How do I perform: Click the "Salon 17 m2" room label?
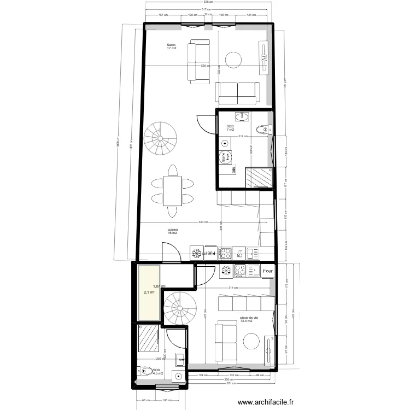tap(172, 46)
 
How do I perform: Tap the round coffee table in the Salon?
tap(235, 60)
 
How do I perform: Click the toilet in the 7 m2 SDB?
tap(264, 130)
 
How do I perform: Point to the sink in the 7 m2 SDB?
tap(241, 116)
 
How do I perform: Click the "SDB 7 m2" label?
tap(230, 128)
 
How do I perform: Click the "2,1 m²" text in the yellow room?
tap(149, 292)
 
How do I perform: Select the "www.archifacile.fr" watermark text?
tap(269, 402)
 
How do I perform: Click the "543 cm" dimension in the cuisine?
tap(203, 222)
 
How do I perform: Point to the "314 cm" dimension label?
tap(233, 288)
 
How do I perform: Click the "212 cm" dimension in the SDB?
tap(243, 136)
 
